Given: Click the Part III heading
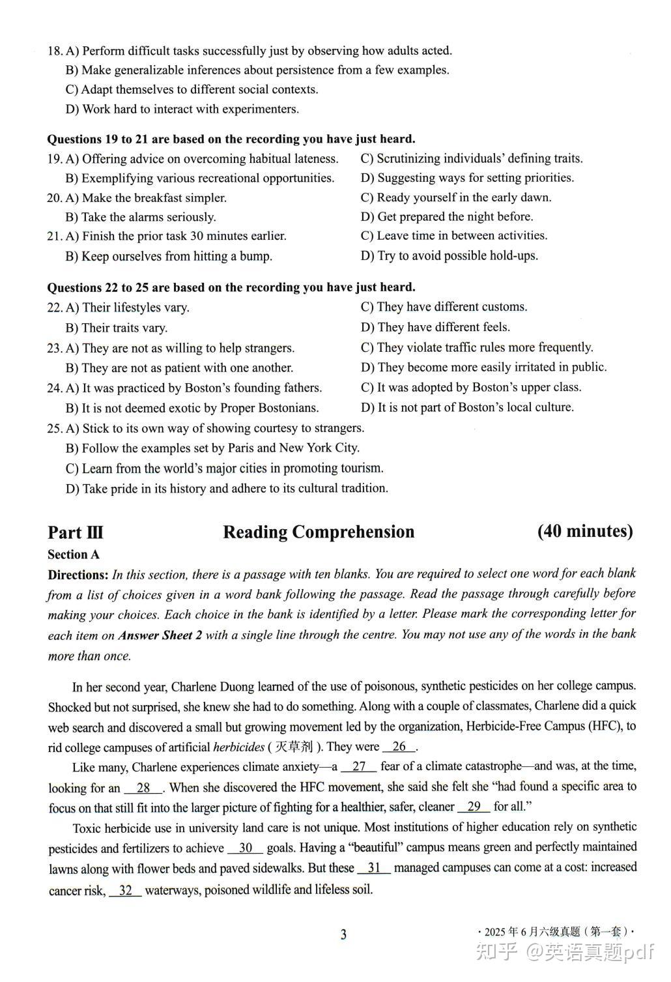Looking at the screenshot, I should coord(76,532).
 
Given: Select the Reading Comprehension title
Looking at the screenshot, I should coord(319,532).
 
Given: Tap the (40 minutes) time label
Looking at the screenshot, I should coord(585,531).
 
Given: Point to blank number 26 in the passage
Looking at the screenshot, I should coord(399,747).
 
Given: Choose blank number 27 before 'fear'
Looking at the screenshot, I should coord(358,767).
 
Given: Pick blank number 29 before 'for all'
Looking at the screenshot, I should coord(474,807).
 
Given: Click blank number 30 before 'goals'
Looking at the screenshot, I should coord(246,848).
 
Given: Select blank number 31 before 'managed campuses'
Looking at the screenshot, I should coord(374,868).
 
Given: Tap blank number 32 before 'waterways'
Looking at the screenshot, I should coord(126,890).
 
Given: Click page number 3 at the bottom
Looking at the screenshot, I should coord(343,934).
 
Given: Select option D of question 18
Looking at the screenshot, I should coord(182,109).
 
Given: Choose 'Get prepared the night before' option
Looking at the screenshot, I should coord(447,216).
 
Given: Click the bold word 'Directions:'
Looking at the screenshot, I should coord(78,575).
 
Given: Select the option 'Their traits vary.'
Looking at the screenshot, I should coord(117,328).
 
